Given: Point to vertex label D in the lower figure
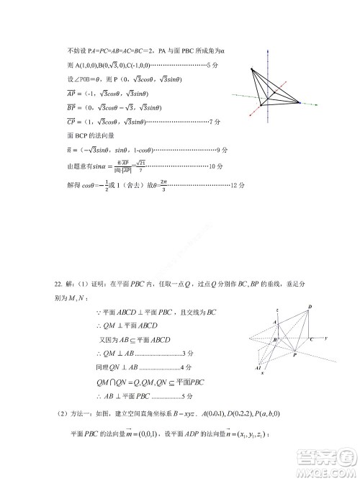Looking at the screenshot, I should [x=310, y=307].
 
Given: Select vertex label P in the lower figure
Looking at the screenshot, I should [x=297, y=354].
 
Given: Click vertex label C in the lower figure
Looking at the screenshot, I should [x=310, y=338].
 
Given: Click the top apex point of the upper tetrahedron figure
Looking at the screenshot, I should [x=253, y=69].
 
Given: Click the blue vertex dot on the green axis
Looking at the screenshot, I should [x=295, y=104].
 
